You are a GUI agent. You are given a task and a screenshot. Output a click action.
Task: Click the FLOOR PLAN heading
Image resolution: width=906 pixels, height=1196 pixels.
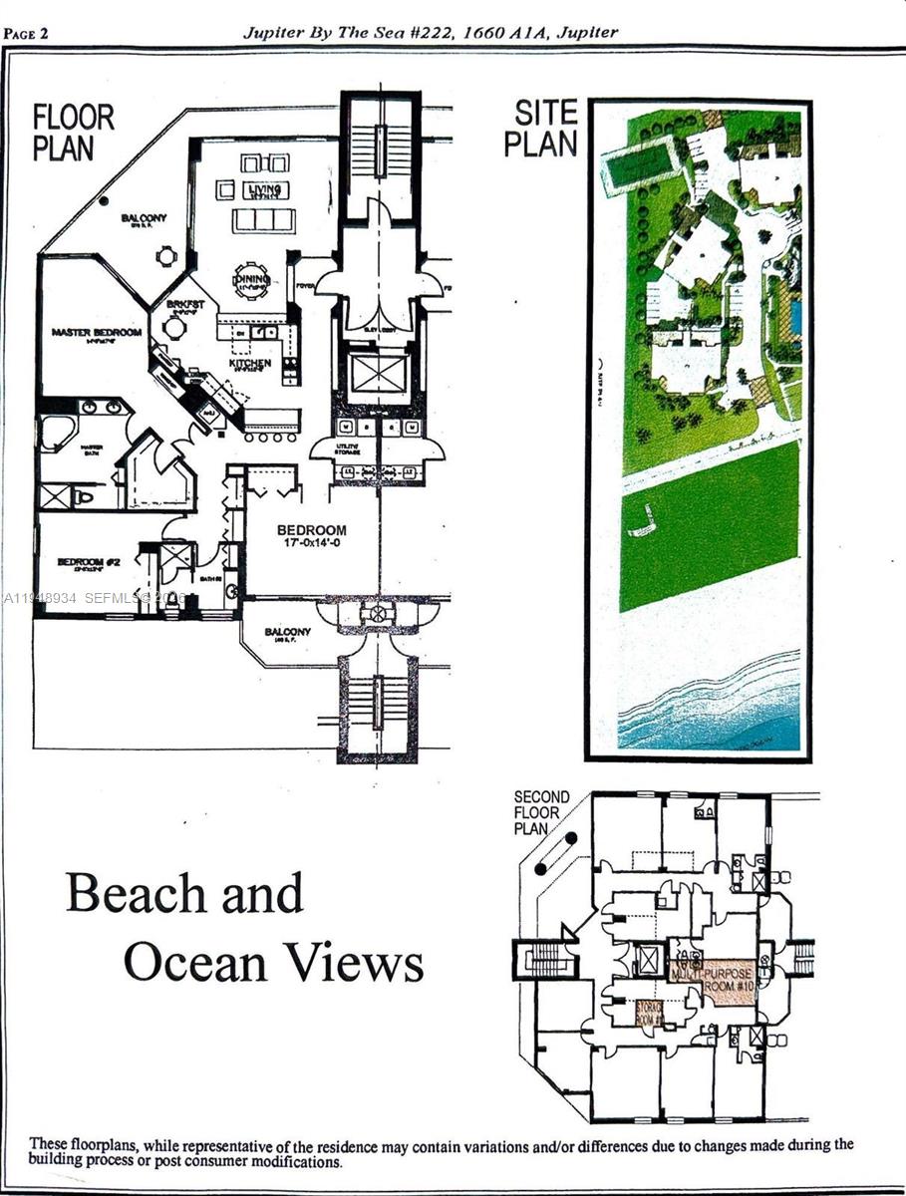click(74, 133)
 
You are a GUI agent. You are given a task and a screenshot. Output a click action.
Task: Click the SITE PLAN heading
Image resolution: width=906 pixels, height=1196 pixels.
click(540, 129)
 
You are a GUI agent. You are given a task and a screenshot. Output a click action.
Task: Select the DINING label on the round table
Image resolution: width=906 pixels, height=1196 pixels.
click(250, 281)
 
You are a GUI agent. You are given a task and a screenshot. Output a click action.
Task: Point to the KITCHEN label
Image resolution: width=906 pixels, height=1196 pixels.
click(250, 364)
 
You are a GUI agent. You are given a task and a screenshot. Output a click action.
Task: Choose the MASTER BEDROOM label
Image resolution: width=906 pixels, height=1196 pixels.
click(97, 332)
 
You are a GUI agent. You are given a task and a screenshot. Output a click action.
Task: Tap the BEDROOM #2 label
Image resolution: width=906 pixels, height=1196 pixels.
click(89, 562)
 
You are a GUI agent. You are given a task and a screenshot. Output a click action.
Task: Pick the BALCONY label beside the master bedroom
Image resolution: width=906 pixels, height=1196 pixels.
click(145, 218)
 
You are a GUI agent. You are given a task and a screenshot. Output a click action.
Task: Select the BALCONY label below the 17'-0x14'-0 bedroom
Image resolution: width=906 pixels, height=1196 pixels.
click(288, 632)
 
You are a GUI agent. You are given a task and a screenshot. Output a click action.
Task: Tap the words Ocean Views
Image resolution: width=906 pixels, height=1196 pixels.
click(273, 963)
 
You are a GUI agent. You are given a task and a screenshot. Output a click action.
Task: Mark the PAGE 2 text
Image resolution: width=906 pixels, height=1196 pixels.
click(27, 33)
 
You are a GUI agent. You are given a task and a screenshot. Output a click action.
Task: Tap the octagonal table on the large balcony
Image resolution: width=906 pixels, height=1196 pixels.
click(166, 256)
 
